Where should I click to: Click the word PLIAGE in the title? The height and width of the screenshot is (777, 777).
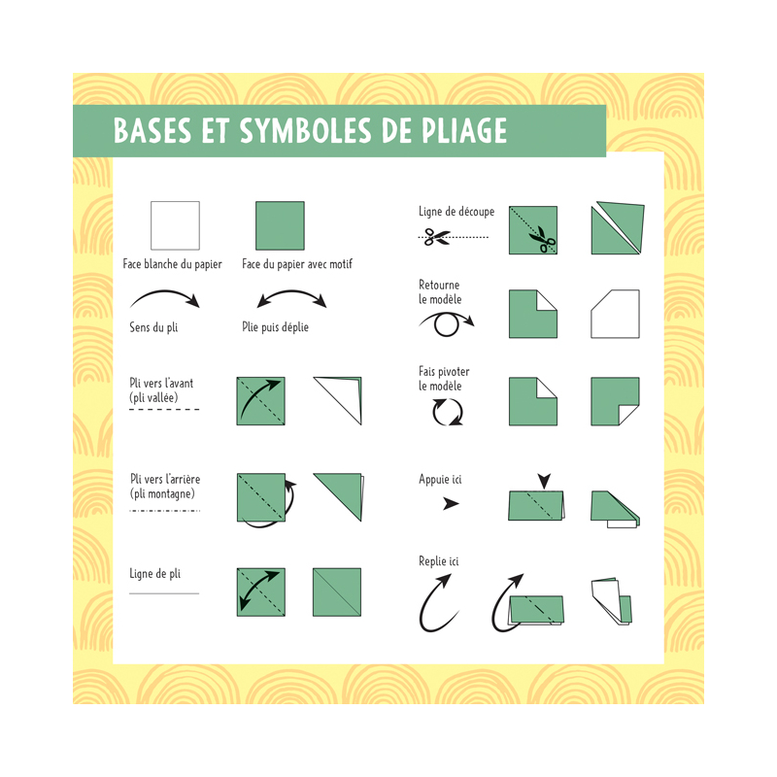[x=457, y=131]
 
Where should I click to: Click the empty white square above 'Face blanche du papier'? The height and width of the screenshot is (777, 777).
[x=175, y=225]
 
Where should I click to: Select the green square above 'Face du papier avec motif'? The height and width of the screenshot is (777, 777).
[x=280, y=225]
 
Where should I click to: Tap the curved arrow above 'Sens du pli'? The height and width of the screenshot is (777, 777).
[x=164, y=296]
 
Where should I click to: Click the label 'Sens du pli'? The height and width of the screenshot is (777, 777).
[x=153, y=327]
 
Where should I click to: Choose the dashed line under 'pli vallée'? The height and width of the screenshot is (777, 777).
[x=164, y=410]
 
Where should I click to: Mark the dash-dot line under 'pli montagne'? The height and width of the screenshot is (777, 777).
[x=164, y=510]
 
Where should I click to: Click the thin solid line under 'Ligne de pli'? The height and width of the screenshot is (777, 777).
[x=164, y=592]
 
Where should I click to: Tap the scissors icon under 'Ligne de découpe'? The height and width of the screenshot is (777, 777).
[x=437, y=236]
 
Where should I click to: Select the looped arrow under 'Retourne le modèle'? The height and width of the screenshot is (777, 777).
[x=446, y=322]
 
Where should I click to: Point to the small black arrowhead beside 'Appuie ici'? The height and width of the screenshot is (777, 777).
[x=451, y=504]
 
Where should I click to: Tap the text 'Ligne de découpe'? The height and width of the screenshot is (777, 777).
[x=456, y=211]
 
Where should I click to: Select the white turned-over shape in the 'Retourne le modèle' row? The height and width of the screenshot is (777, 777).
[x=615, y=314]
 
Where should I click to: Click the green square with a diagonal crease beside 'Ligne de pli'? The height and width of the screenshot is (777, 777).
[x=337, y=591]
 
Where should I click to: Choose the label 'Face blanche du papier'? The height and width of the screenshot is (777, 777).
[x=172, y=264]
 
